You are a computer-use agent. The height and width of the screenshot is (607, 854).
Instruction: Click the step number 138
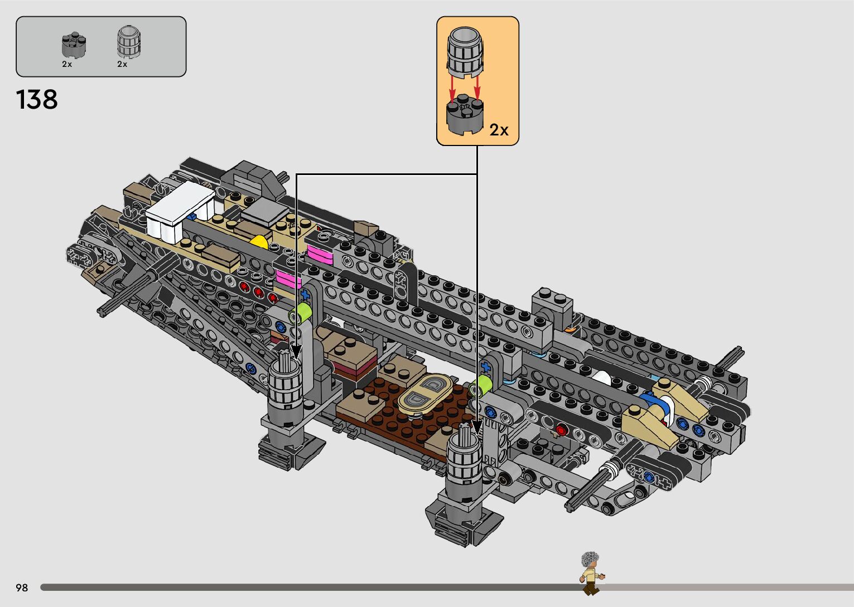pos(37,100)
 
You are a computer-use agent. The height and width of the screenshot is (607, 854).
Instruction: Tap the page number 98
pos(22,587)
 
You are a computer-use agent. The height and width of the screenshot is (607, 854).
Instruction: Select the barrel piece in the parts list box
pos(128,42)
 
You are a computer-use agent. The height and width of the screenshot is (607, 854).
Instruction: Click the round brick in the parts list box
pos(74,45)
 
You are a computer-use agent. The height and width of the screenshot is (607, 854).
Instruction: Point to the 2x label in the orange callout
pos(499,130)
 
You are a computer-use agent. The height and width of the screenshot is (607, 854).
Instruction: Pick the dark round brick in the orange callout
pos(465,114)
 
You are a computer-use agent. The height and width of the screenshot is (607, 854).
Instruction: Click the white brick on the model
pos(179,211)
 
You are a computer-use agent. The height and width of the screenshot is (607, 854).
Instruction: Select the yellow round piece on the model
pos(259,242)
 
